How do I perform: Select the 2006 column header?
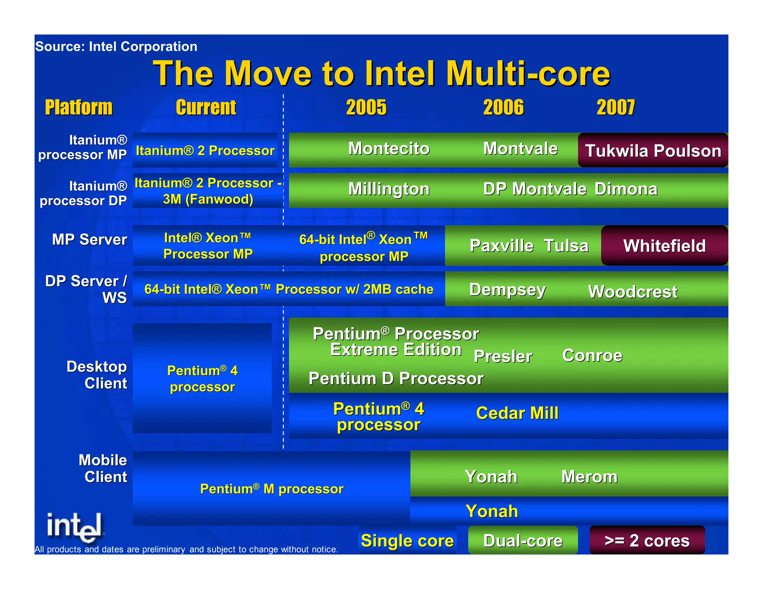coord(503,107)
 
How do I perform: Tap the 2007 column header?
coord(615,107)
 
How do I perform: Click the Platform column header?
coord(79,107)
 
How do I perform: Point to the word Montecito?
coord(389,149)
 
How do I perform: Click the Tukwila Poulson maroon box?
coord(653,150)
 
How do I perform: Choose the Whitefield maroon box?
coord(664,246)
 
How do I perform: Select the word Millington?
coord(389,189)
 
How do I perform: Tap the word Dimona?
coord(626,189)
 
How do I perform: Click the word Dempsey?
coord(507,290)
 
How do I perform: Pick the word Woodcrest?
coord(633,292)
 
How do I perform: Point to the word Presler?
coord(503,356)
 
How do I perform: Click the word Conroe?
coord(592,356)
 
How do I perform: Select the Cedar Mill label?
coord(517,413)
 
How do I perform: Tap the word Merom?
coord(589,477)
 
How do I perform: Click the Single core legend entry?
coord(407,541)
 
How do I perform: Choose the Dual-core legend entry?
coord(523,541)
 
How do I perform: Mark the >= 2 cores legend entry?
coord(647,541)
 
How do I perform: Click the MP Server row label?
coord(89,239)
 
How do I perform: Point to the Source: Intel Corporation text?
coord(116,47)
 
